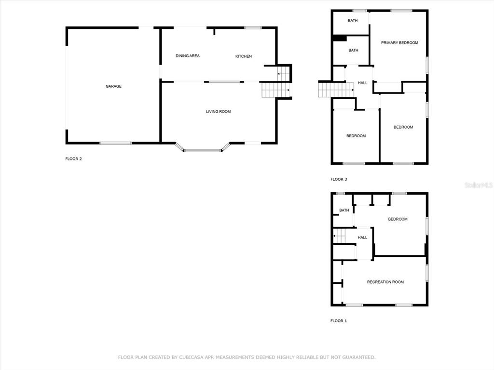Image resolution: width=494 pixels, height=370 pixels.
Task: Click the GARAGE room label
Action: tap(113, 86)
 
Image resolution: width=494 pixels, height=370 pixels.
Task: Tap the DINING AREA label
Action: tap(188, 56)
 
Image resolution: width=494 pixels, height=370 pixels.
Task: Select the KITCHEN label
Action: tap(244, 56)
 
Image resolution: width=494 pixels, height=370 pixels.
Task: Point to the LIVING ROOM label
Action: tap(219, 111)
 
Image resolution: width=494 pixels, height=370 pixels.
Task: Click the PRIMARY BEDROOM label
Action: tap(399, 43)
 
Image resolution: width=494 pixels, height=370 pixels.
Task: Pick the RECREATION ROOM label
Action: tap(385, 282)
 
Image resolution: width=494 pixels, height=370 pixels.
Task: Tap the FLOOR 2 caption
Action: tap(73, 159)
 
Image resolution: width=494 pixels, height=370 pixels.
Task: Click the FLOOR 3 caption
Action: tap(339, 179)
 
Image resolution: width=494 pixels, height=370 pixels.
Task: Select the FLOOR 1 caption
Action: tap(339, 321)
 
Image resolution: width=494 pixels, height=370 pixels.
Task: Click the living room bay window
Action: tap(203, 150)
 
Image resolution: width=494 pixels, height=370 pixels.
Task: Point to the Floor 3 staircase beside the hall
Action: tap(336, 90)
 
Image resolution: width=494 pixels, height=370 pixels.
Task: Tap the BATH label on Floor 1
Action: tap(344, 210)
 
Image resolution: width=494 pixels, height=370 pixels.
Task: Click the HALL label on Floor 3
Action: tap(363, 83)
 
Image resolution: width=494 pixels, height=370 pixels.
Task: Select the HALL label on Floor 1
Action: tap(362, 238)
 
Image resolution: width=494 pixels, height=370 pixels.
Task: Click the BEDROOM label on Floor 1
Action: tap(398, 219)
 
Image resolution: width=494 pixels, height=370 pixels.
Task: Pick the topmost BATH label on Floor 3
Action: tap(353, 20)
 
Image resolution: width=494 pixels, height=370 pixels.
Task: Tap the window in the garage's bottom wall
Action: tap(115, 143)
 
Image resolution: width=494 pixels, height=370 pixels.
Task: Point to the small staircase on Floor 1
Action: tap(340, 236)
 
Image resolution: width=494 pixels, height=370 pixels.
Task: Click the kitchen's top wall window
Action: tap(253, 27)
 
